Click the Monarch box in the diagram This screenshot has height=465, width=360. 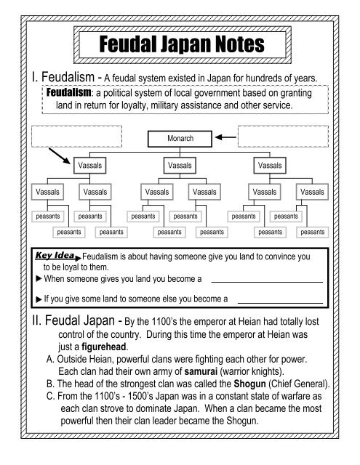pyautogui.click(x=180, y=137)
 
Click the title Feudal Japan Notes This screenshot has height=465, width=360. pyautogui.click(x=180, y=44)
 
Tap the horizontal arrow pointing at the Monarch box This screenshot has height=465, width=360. pyautogui.click(x=226, y=137)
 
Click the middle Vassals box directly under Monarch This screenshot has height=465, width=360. pyautogui.click(x=180, y=165)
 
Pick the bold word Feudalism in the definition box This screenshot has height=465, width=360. pyautogui.click(x=68, y=94)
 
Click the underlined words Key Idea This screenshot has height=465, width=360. pyautogui.click(x=57, y=256)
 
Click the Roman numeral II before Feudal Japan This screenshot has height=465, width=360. pyautogui.click(x=33, y=320)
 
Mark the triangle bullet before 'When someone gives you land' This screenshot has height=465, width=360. pyautogui.click(x=39, y=279)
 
